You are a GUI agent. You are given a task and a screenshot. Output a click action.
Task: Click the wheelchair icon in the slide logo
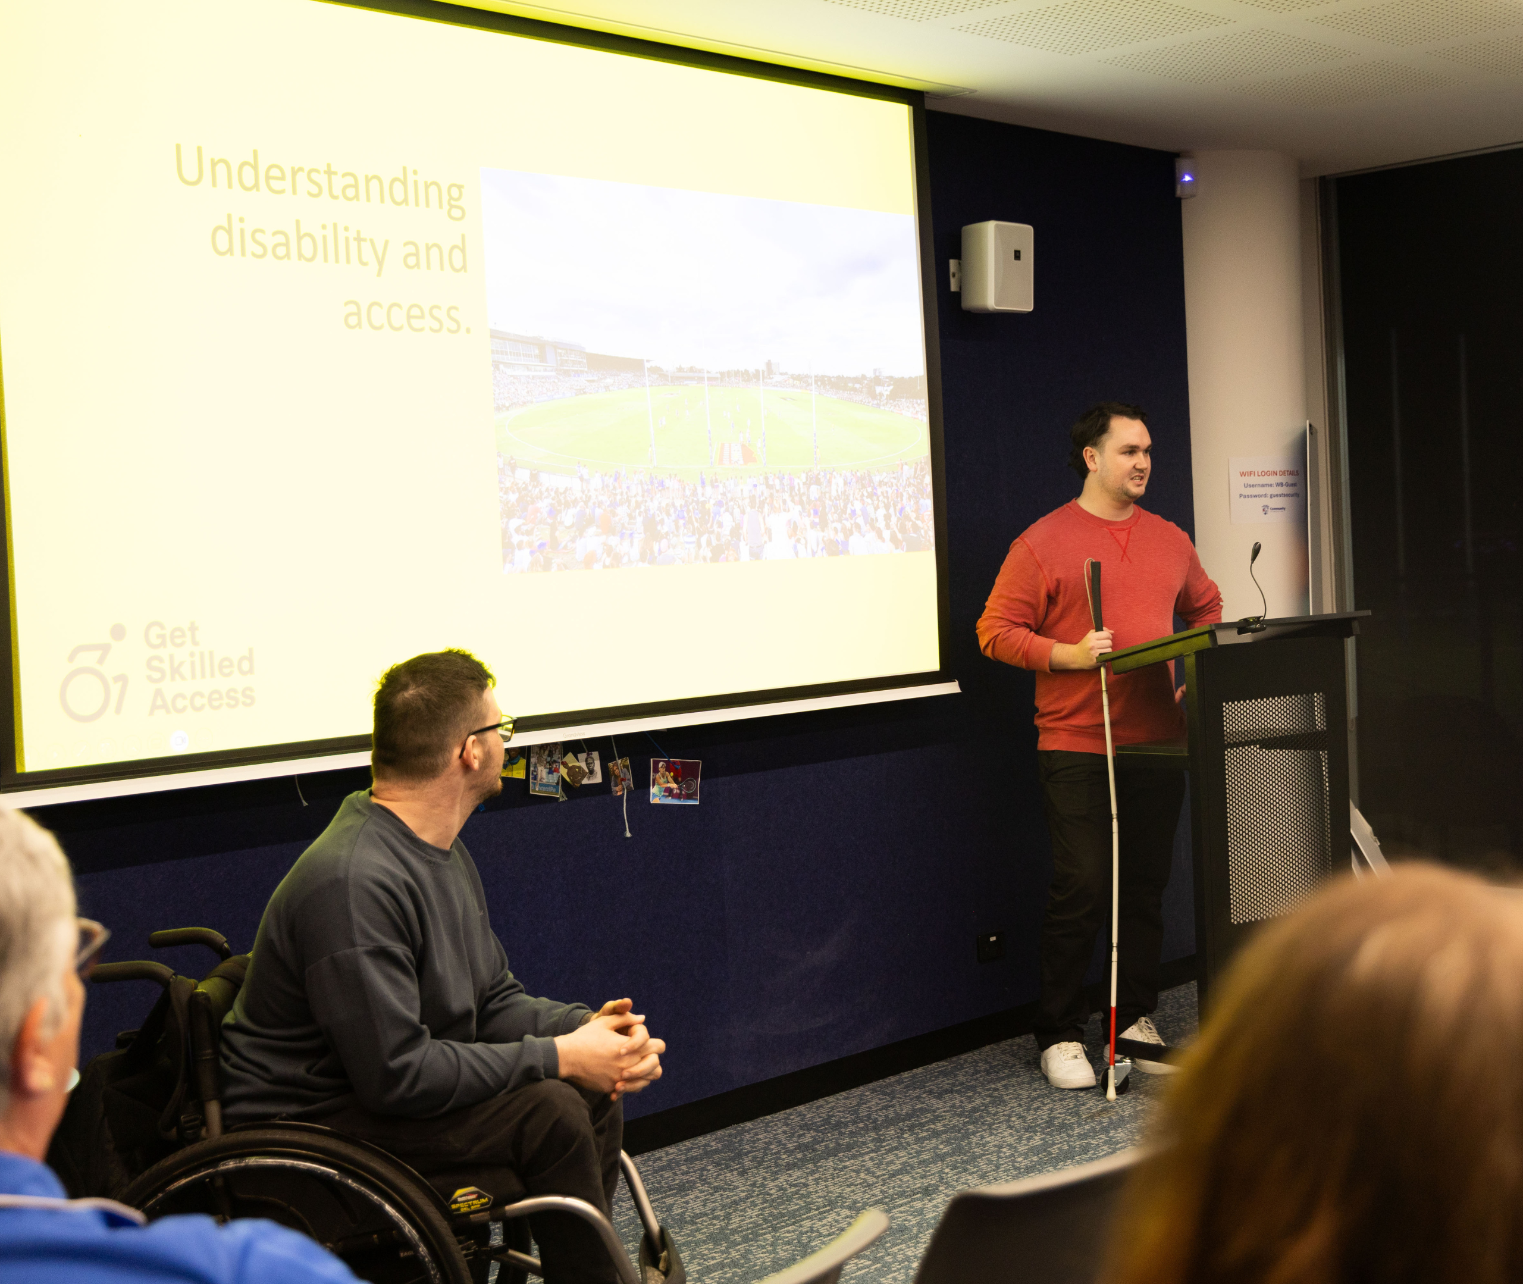pos(95,674)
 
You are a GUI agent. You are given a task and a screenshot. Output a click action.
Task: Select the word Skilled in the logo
pos(199,666)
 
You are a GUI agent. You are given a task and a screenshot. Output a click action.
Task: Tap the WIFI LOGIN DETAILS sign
pos(1268,490)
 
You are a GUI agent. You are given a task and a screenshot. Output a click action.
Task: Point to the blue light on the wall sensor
pos(1186,177)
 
